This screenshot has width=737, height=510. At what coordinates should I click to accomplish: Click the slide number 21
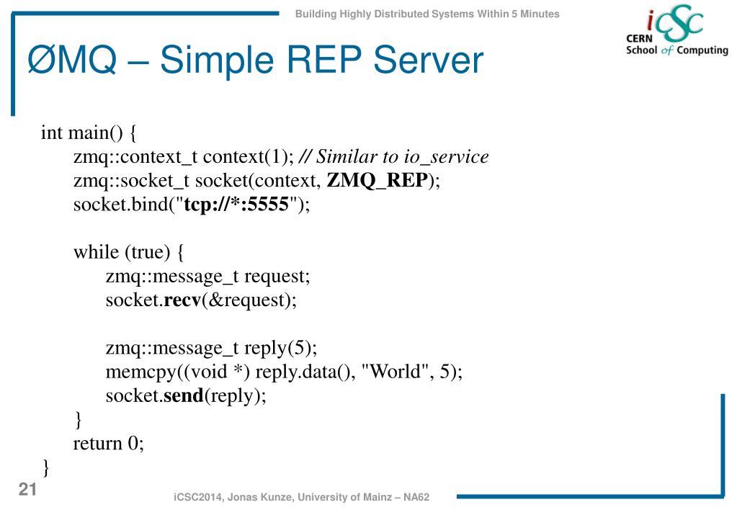click(27, 491)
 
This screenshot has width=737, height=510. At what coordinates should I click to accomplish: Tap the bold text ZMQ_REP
click(378, 180)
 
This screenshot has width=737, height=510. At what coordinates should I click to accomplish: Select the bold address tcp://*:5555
click(237, 205)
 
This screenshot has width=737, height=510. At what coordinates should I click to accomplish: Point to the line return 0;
click(108, 443)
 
